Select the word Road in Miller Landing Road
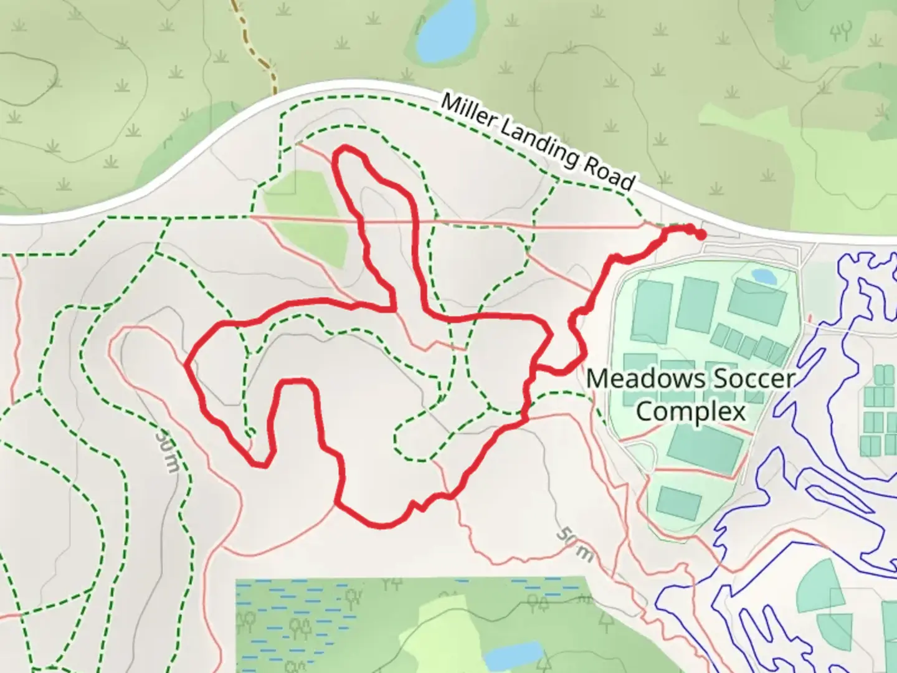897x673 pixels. click(x=609, y=172)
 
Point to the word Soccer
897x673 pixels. click(x=754, y=379)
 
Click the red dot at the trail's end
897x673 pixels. click(x=701, y=235)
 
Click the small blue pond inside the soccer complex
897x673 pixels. click(x=764, y=276)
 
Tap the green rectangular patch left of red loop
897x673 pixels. click(x=305, y=218)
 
